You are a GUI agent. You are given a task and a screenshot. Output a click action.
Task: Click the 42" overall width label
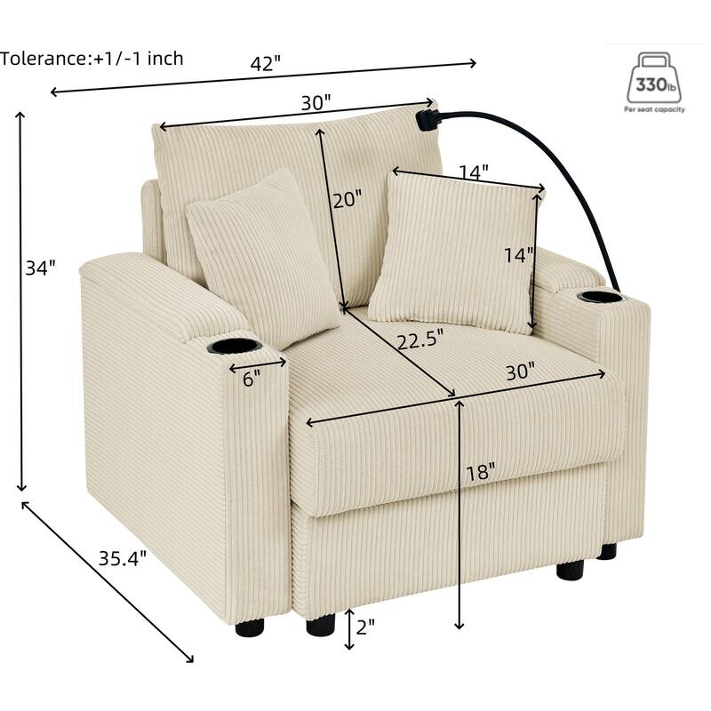(x=266, y=63)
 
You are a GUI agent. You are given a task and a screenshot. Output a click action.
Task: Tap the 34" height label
(x=40, y=268)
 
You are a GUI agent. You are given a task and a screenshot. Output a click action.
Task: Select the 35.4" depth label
(x=123, y=558)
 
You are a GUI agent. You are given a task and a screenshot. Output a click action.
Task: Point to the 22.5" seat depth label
(x=419, y=340)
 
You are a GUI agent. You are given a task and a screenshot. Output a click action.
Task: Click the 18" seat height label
(x=481, y=473)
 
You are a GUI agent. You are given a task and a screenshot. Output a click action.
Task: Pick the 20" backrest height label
(x=348, y=199)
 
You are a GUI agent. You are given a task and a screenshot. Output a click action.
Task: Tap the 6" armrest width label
(x=252, y=379)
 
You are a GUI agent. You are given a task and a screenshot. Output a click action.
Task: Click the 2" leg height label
(x=365, y=627)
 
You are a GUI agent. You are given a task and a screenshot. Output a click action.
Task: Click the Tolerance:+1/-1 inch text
(x=92, y=59)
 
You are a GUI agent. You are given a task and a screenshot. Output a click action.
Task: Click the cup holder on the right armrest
(x=602, y=297)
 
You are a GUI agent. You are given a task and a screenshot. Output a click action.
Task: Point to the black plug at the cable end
(x=427, y=120)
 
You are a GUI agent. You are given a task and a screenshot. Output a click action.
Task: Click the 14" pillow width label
(x=474, y=172)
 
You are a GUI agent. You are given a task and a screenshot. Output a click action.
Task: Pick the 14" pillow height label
(x=519, y=255)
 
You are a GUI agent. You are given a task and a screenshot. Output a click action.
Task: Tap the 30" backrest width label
(x=316, y=103)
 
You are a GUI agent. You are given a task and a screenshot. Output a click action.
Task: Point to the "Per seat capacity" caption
(x=654, y=109)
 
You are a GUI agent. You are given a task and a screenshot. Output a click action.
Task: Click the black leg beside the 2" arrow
(x=321, y=625)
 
